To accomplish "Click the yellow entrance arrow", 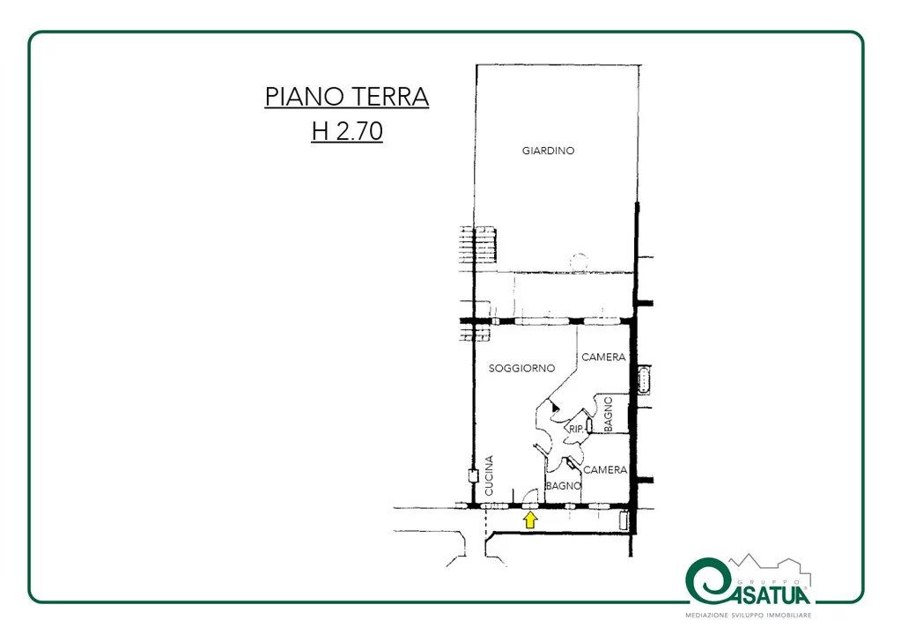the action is (530, 520).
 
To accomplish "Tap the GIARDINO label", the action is (548, 151).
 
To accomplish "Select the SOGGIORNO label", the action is (521, 368).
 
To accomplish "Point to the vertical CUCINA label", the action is (489, 475).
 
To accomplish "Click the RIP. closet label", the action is (576, 429).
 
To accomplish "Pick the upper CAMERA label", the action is (603, 357).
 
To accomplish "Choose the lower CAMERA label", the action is (605, 469).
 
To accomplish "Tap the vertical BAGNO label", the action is (608, 414).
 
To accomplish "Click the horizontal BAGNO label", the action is (564, 486).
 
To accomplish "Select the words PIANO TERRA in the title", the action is (347, 96).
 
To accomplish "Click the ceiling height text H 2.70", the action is (347, 131).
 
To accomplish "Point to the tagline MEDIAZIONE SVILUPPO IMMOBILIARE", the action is (749, 616).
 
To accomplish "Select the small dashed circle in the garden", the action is (579, 262).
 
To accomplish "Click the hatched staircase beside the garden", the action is (478, 245).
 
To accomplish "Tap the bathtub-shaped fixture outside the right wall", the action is (645, 380).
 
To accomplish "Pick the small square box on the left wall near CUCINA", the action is (473, 475).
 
